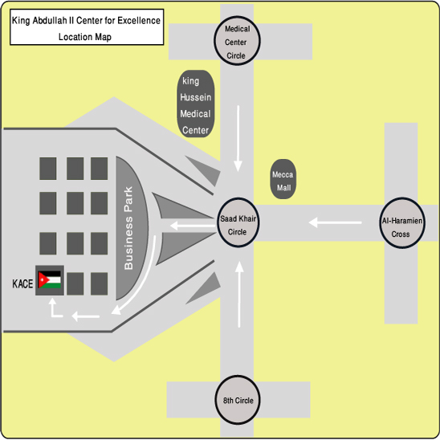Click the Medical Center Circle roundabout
[x=237, y=41]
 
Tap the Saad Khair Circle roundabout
[x=238, y=222]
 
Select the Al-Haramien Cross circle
[x=402, y=223]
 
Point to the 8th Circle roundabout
[x=238, y=400]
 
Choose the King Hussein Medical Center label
[x=196, y=104]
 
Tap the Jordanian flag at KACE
[x=50, y=279]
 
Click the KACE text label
[x=22, y=283]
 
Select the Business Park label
[x=128, y=228]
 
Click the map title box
[x=87, y=27]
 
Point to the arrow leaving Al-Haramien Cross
[x=335, y=222]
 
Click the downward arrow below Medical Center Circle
[x=238, y=138]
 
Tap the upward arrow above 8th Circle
[x=239, y=295]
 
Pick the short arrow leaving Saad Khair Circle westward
[x=193, y=226]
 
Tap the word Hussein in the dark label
[x=196, y=97]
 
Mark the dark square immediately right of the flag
[x=75, y=283]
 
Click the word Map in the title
[x=103, y=37]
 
